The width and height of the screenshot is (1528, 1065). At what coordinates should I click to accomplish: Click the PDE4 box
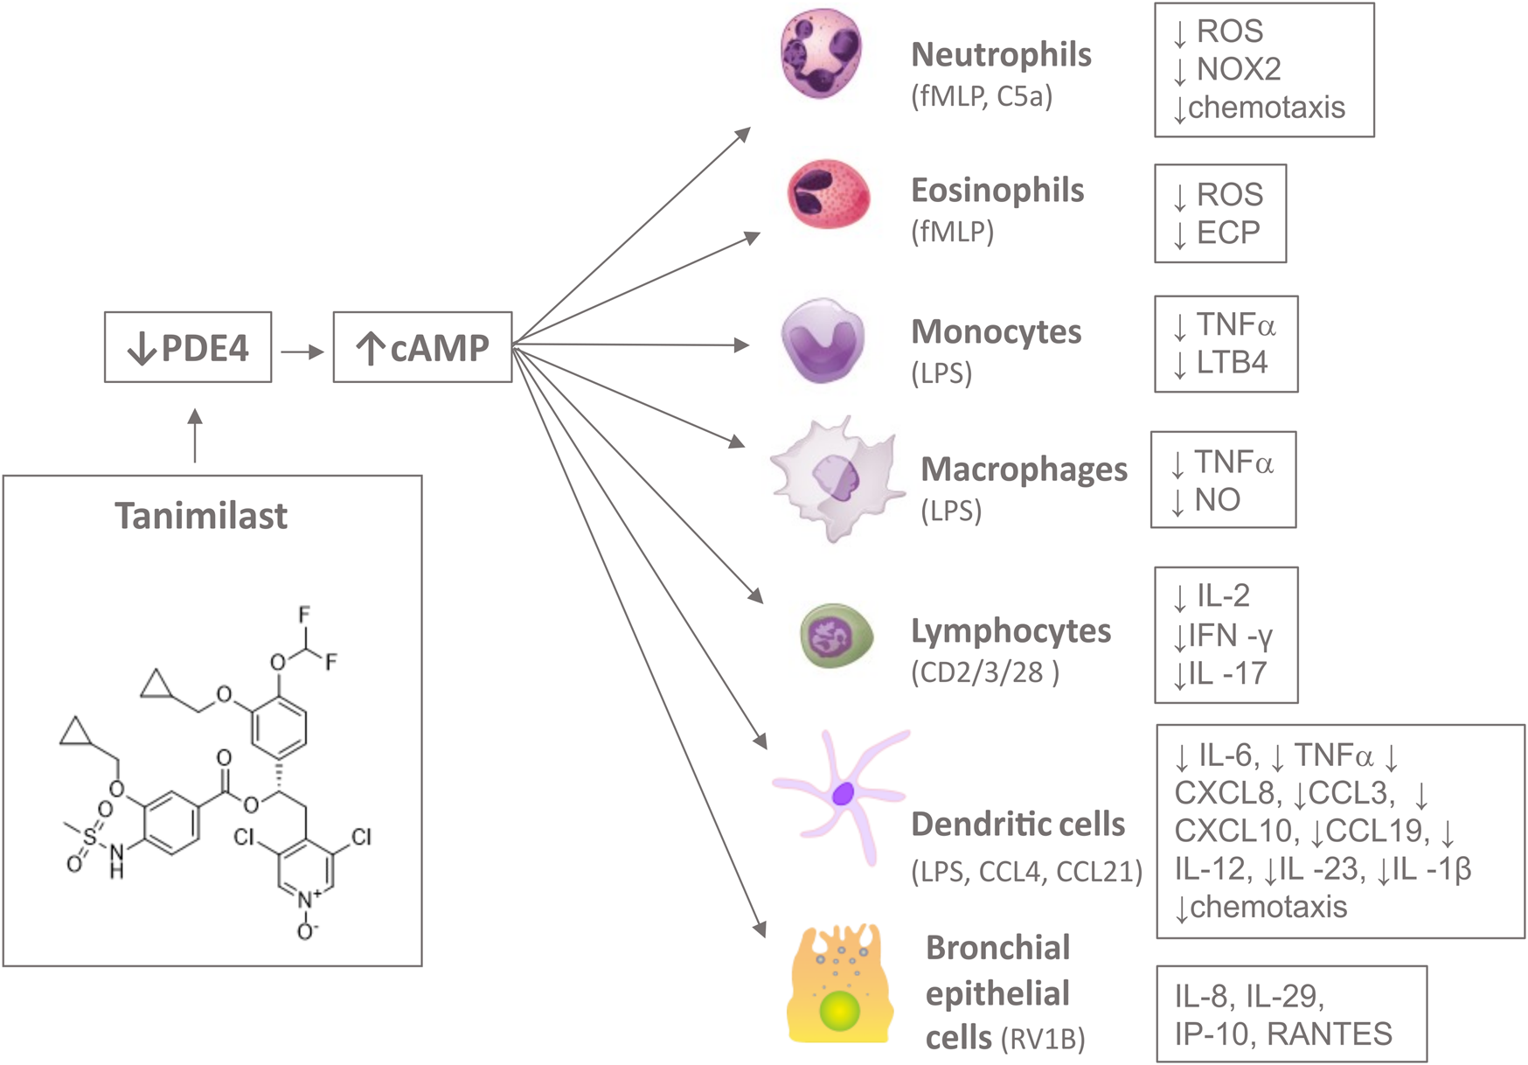(x=188, y=347)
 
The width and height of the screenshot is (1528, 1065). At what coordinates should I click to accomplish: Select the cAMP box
(x=422, y=347)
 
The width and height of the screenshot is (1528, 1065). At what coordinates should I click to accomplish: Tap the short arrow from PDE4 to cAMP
(x=302, y=352)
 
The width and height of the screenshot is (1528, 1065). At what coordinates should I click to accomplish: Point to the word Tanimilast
(x=201, y=516)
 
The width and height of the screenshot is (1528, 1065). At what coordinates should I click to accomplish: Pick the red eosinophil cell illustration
(x=828, y=194)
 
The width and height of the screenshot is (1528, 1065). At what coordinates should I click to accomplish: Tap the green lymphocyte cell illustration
(x=836, y=636)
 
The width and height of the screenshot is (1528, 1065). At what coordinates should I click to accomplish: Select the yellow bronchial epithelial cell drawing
(x=840, y=986)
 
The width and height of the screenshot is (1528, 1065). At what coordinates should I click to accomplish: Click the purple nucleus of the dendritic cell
(x=843, y=794)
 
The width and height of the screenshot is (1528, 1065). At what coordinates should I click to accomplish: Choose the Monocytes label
(x=996, y=332)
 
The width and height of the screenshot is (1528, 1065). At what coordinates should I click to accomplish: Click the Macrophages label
(x=1024, y=470)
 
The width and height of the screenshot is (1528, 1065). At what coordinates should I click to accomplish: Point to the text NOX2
(x=1238, y=69)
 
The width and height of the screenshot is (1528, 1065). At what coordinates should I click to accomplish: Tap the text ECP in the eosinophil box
(x=1227, y=233)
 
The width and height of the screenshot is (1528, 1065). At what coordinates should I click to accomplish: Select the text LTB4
(x=1231, y=362)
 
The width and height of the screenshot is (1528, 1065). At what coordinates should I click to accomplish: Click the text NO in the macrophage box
(x=1217, y=500)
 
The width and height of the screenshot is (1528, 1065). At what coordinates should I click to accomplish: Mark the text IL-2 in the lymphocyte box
(x=1222, y=596)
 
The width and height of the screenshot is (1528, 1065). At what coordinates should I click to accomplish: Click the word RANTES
(x=1329, y=1034)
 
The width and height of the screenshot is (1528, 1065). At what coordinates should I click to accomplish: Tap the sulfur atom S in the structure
(x=89, y=839)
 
